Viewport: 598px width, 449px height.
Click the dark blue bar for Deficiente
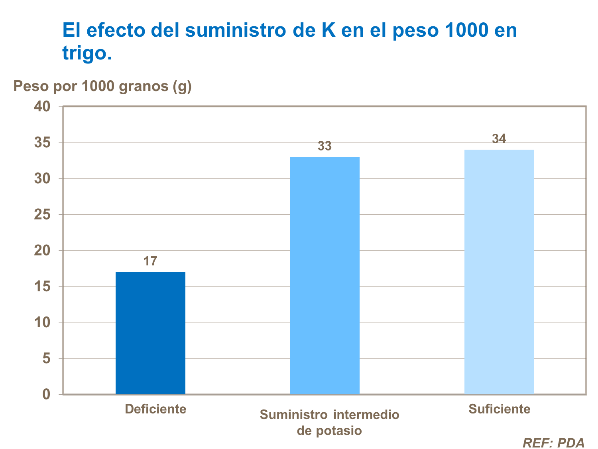(150, 333)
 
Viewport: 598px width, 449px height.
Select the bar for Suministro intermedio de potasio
(325, 275)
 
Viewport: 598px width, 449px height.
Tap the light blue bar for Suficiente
(499, 272)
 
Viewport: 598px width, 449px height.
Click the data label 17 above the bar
(150, 261)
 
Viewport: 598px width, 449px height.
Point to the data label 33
(325, 146)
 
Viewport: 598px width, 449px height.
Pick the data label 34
(499, 139)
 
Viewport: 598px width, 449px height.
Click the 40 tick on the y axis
(42, 107)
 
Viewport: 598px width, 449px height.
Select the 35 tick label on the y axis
(42, 142)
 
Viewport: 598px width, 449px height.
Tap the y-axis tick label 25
(42, 215)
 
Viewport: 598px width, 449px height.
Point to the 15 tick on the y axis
(42, 287)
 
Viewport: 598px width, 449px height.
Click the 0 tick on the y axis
(47, 394)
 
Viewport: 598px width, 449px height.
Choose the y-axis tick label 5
(47, 358)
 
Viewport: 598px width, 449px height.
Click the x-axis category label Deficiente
(155, 409)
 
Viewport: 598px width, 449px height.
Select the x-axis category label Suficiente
(499, 409)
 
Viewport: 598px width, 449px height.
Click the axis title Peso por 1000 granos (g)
(102, 86)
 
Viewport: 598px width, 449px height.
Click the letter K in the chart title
(329, 31)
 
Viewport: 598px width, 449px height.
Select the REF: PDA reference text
(553, 443)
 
